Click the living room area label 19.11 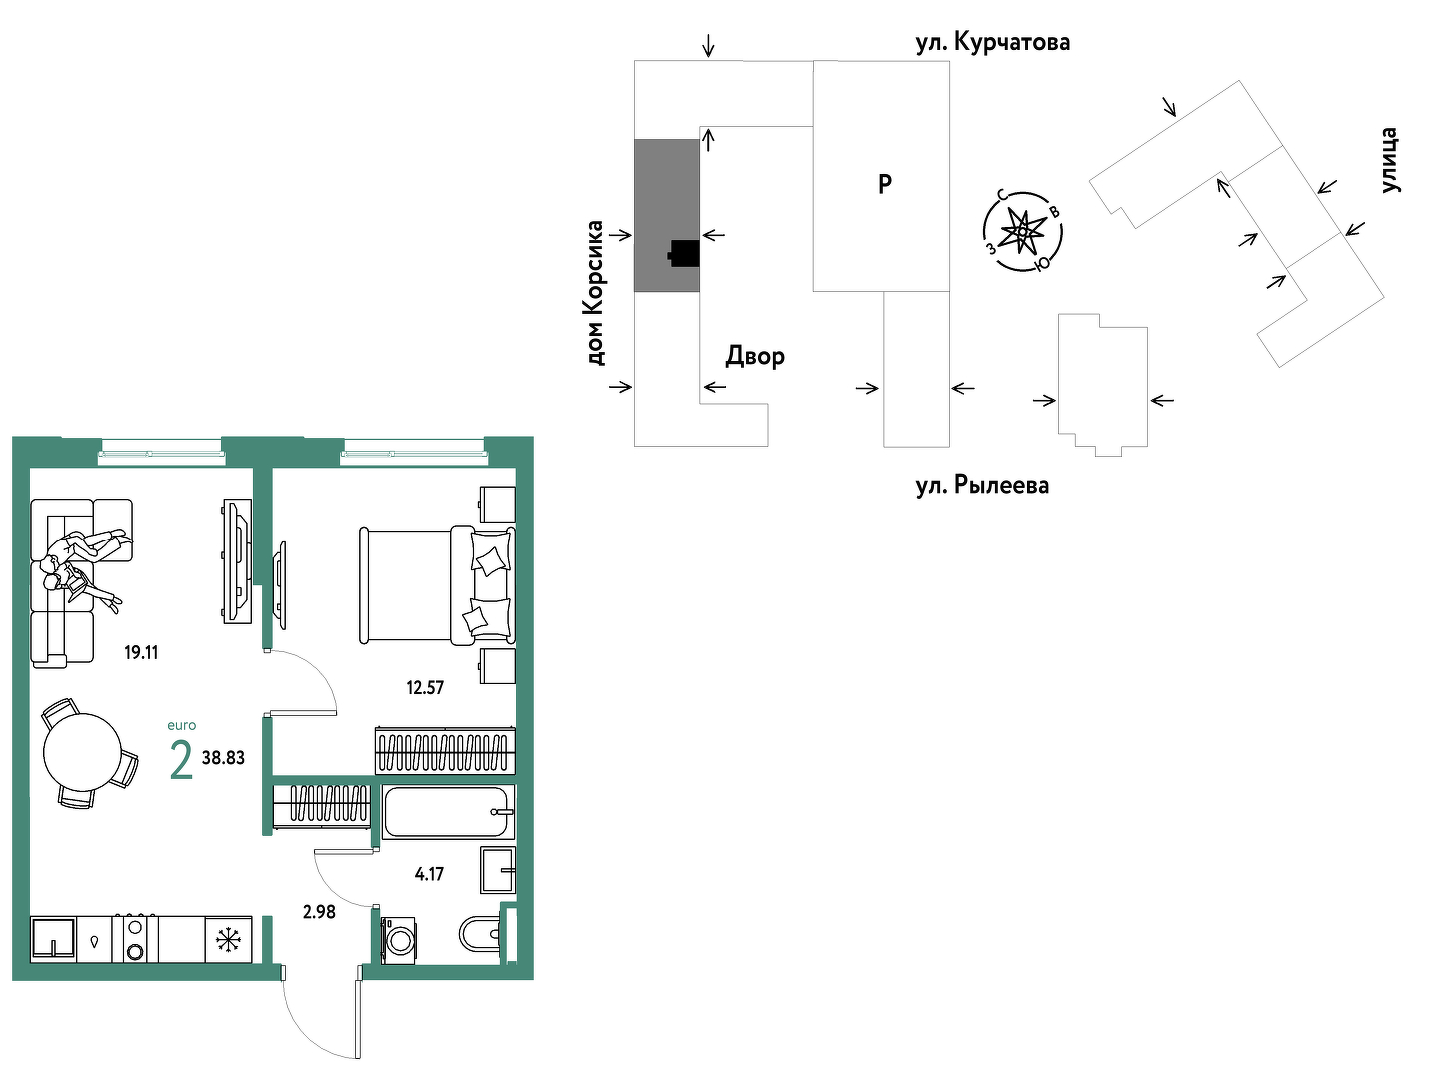tap(141, 652)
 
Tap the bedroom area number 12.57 tap(425, 687)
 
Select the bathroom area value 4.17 tap(429, 874)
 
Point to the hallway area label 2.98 tap(319, 911)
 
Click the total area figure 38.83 tap(223, 758)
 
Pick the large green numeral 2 tap(181, 760)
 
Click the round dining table tap(83, 752)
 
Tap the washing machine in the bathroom tap(399, 940)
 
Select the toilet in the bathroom tap(480, 934)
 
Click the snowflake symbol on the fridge tap(228, 940)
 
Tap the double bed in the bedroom tap(437, 585)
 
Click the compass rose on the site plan tap(1023, 231)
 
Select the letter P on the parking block tap(884, 184)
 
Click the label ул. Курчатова tap(993, 42)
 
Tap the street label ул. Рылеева tap(982, 486)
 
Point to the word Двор tap(755, 357)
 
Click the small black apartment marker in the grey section tap(684, 254)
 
